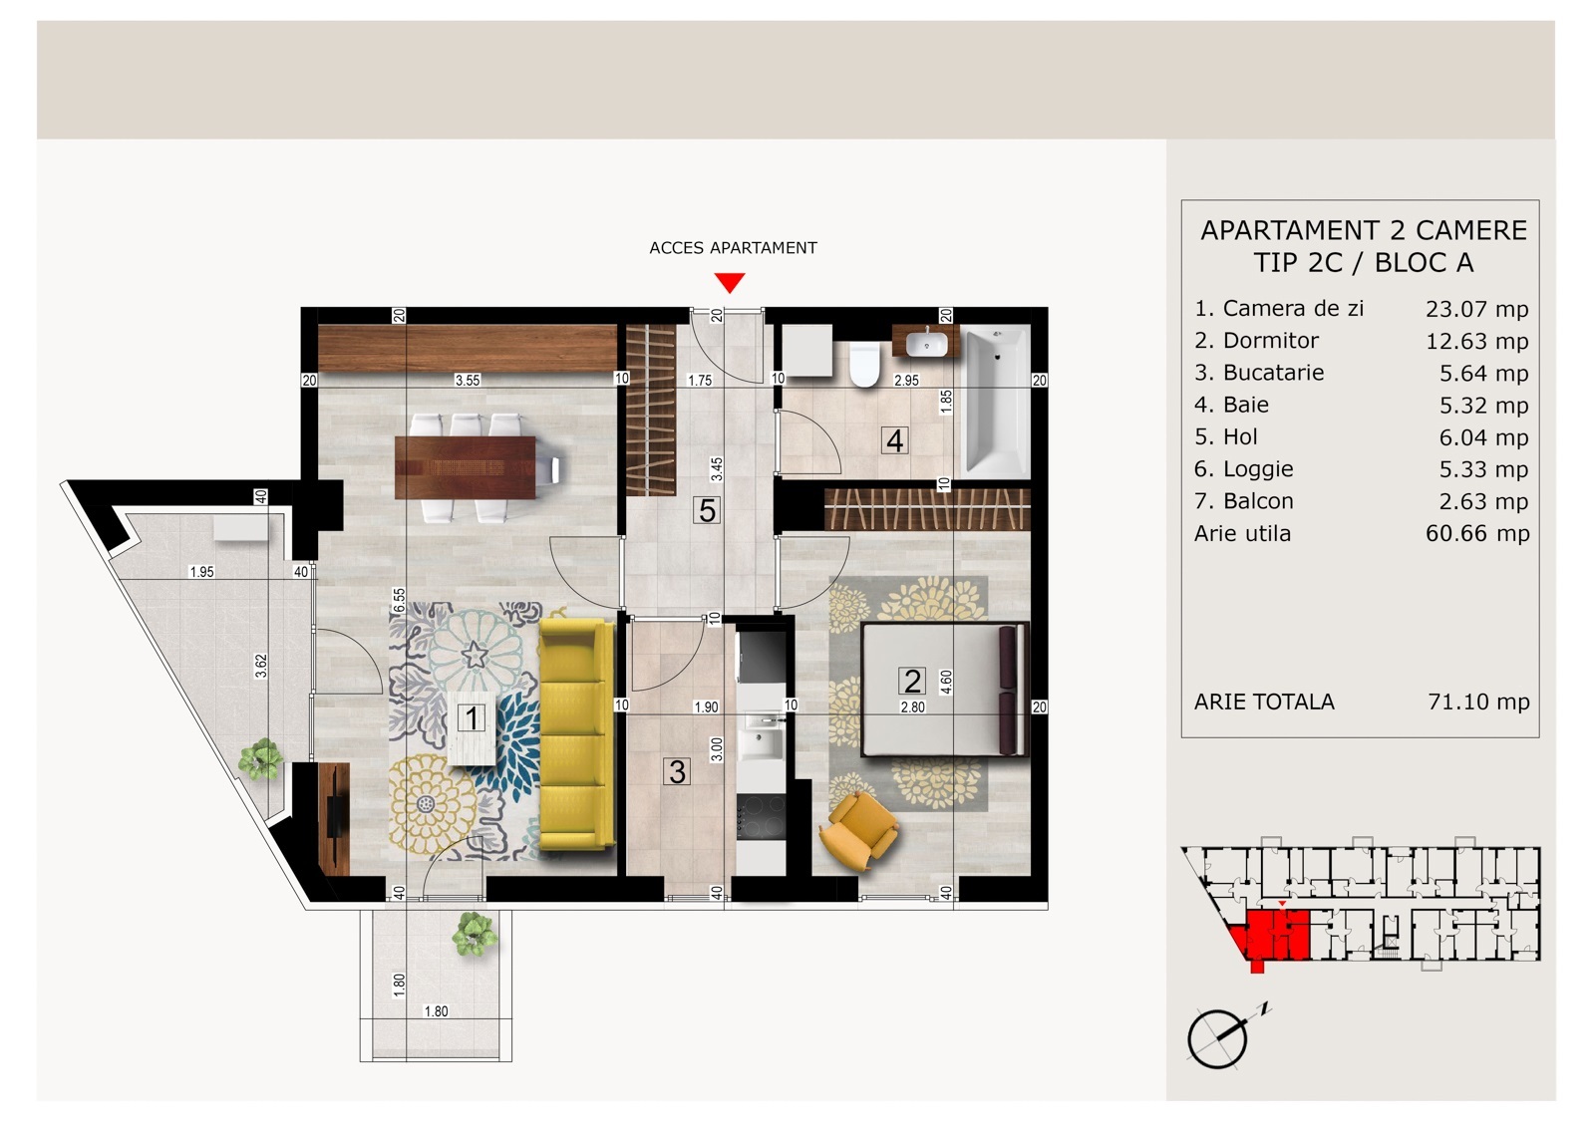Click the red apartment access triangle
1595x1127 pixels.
[730, 282]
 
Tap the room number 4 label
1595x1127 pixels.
[895, 440]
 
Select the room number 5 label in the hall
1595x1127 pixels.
[707, 510]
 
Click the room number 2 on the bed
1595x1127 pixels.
[912, 682]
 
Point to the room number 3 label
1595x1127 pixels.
[677, 771]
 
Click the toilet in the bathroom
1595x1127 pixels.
[865, 364]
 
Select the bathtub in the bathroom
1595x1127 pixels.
[996, 402]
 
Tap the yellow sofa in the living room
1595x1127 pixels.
[577, 734]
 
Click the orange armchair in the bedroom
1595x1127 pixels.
[858, 830]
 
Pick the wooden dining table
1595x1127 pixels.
[465, 467]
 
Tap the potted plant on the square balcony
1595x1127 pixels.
[475, 934]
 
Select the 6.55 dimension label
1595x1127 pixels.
[400, 600]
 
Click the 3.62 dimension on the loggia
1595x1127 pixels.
[261, 666]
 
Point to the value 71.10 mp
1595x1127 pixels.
[1479, 702]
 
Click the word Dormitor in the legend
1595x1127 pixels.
[1271, 341]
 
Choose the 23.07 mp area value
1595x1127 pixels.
[1476, 309]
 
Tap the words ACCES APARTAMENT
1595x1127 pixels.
[733, 248]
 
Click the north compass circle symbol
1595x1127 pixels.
[1217, 1039]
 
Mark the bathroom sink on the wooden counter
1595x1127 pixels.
[926, 344]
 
